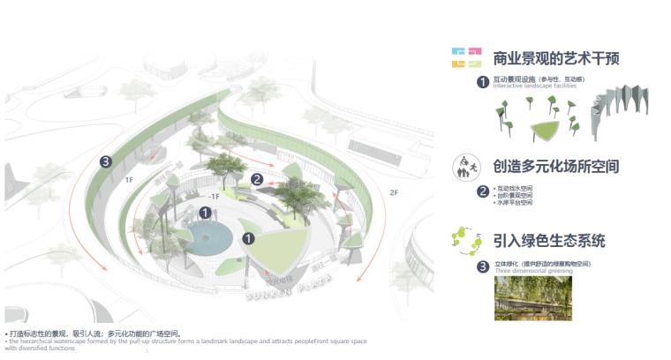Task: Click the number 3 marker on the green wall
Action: pos(106,161)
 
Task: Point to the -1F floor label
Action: pos(213,198)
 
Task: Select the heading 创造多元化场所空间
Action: pos(555,166)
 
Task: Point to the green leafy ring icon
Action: pos(465,239)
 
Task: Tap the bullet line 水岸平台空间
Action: pos(514,203)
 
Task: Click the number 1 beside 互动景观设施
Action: pos(482,82)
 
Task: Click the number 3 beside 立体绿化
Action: pos(482,266)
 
